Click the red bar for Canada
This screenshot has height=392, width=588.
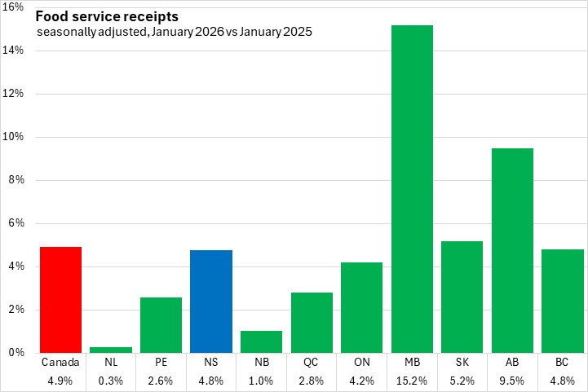coord(60,299)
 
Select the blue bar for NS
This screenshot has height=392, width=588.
coord(211,301)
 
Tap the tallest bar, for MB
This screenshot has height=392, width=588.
coord(412,189)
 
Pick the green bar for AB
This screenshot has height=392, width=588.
coord(512,250)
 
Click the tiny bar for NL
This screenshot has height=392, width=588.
coord(110,350)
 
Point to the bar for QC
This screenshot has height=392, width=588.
coord(312,322)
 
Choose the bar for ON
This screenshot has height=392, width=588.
coord(361,307)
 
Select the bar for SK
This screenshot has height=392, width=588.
coord(462,297)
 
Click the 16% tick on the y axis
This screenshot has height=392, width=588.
coord(16,7)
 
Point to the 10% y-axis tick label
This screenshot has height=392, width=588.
coord(16,137)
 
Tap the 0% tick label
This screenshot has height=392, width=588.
coord(18,353)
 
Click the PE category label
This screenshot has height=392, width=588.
coord(161,360)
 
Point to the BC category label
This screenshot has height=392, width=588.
coord(563,360)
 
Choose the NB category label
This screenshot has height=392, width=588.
coord(261,360)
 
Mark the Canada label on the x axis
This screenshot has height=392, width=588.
coord(60,360)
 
